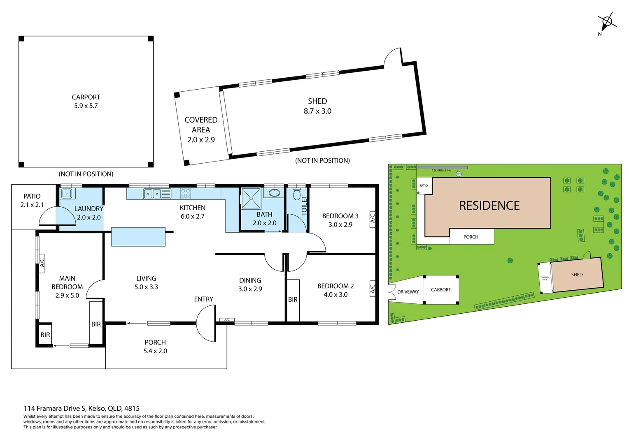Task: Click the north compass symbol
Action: pos(607,22)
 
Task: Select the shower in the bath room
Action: pos(251,198)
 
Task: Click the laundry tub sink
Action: pos(67,193)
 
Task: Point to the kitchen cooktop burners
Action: pos(185,193)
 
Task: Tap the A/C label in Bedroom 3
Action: pos(373,217)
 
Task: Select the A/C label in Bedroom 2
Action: pos(373,288)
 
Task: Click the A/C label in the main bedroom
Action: pos(42,261)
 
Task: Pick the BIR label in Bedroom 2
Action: pos(293,300)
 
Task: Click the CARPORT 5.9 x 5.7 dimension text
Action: pos(86,102)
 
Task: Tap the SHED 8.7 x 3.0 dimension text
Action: pos(317,106)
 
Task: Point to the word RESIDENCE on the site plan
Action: pos(489,206)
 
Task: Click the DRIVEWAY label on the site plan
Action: pos(408,292)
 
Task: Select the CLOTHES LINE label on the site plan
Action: pos(441,170)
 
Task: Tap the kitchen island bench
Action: pos(138,237)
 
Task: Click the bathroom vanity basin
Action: pos(274,193)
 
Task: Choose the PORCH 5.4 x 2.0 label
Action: pos(155,347)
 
